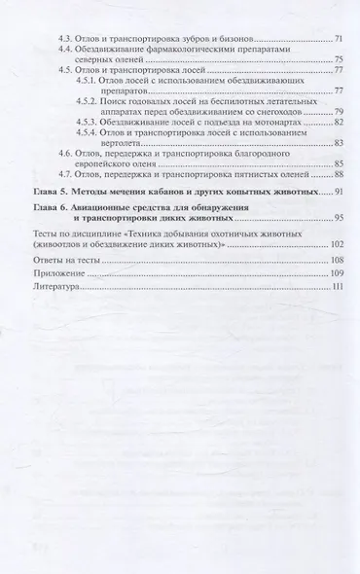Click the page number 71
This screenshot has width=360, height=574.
pos(338,36)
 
